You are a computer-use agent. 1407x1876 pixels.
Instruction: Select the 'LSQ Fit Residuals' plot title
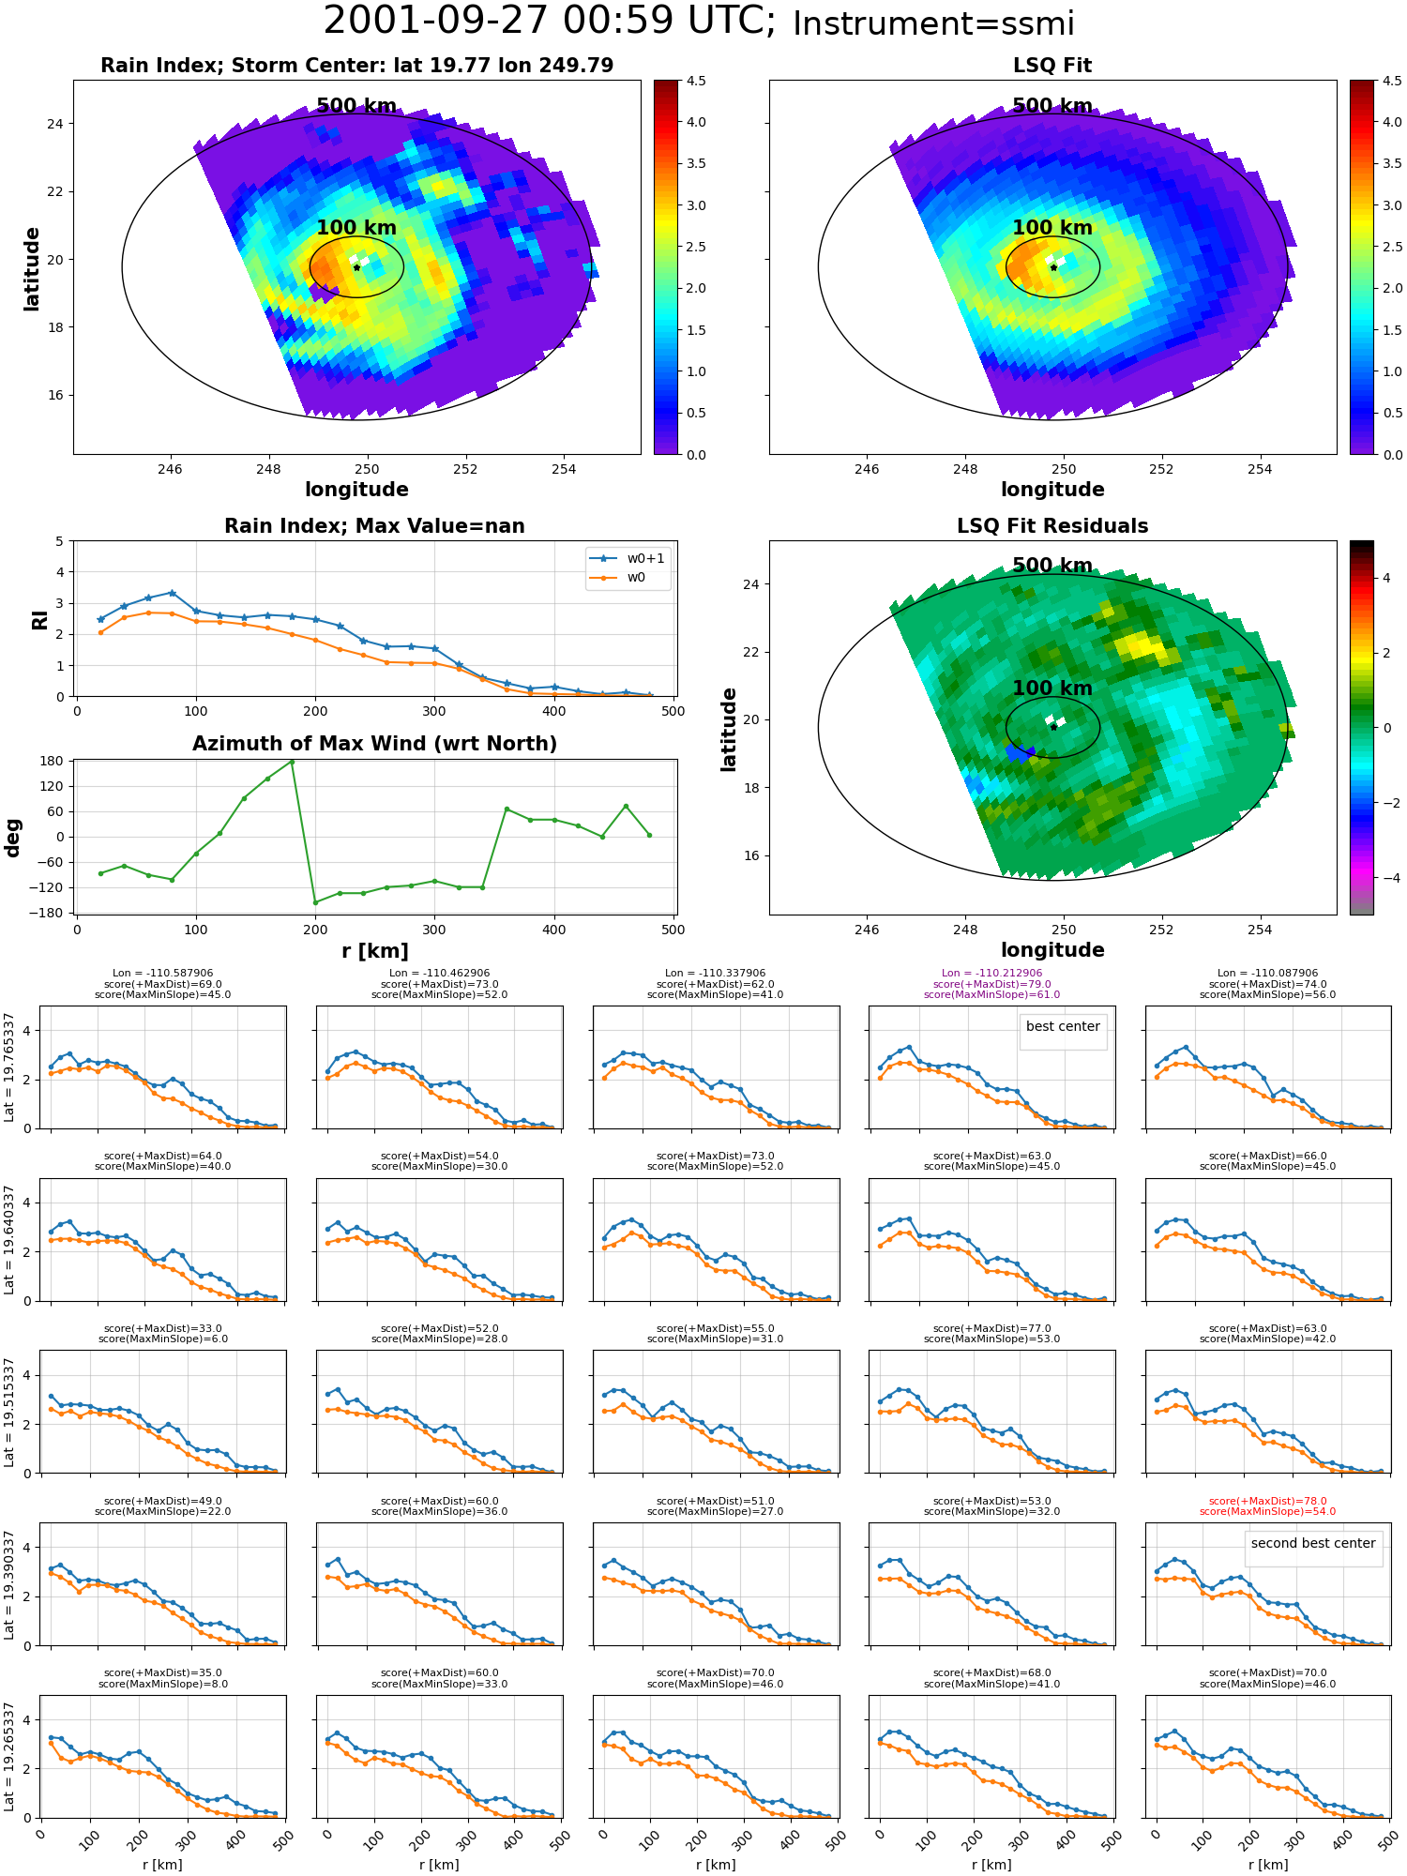tap(1052, 526)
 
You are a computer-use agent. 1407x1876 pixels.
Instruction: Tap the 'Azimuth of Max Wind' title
tap(374, 744)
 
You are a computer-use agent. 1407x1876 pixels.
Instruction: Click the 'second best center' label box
tap(1313, 1544)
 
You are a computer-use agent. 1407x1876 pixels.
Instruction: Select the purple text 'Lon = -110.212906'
tap(991, 974)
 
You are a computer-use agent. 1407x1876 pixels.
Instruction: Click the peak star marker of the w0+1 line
tap(172, 593)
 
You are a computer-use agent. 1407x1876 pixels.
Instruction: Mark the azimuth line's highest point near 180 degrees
tap(292, 762)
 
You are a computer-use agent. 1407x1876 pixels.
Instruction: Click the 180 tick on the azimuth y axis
tap(52, 762)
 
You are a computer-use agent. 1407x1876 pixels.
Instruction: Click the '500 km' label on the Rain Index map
tap(356, 106)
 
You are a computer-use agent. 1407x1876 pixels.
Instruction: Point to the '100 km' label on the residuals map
tap(1052, 688)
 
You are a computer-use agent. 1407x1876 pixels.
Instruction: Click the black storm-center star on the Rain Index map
tap(356, 267)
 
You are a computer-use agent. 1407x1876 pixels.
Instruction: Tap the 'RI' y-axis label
tap(40, 620)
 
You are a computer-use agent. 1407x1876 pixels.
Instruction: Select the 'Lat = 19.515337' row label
tap(9, 1412)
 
